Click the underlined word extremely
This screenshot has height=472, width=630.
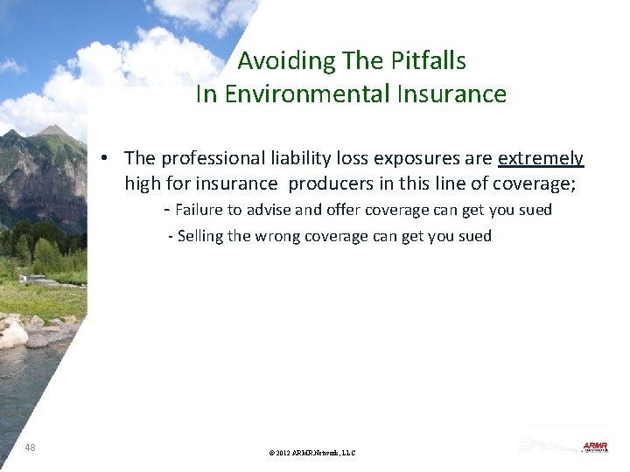(x=541, y=158)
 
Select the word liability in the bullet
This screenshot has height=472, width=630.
(x=286, y=158)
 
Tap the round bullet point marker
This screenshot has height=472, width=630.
(x=103, y=159)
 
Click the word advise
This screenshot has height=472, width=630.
(x=276, y=210)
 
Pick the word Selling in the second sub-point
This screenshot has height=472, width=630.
(x=200, y=236)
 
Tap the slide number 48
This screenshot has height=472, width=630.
(x=31, y=447)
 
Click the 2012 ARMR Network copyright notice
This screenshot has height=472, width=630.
(x=312, y=453)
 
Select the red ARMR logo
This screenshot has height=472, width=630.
(x=595, y=447)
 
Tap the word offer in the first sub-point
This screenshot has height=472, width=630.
(x=343, y=210)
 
